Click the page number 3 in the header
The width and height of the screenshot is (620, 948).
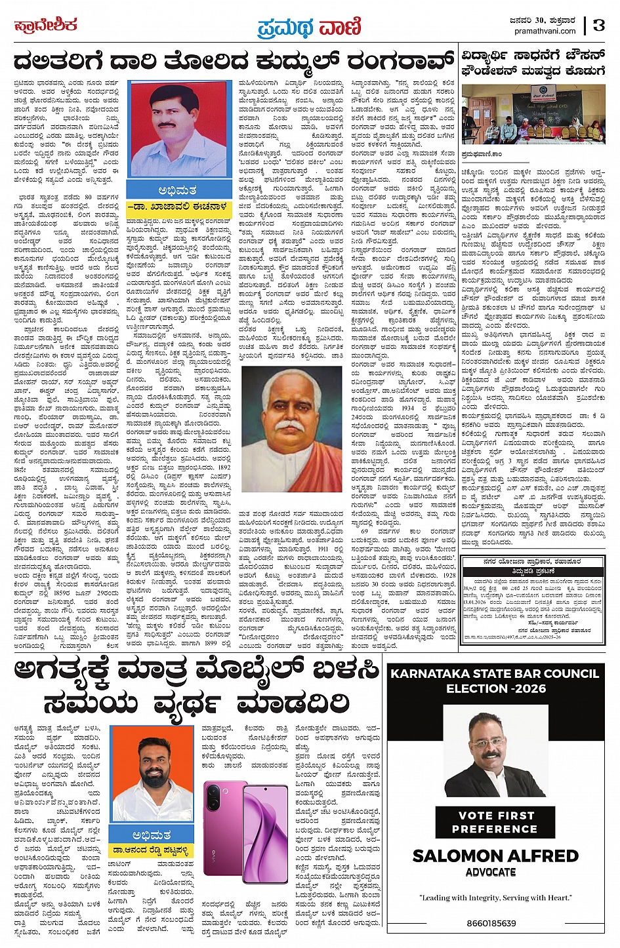[598, 26]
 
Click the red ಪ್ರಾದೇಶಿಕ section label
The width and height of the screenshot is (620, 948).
[45, 26]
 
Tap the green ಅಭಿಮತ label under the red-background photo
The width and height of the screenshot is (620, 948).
[176, 191]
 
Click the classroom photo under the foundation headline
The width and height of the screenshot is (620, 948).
[533, 115]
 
